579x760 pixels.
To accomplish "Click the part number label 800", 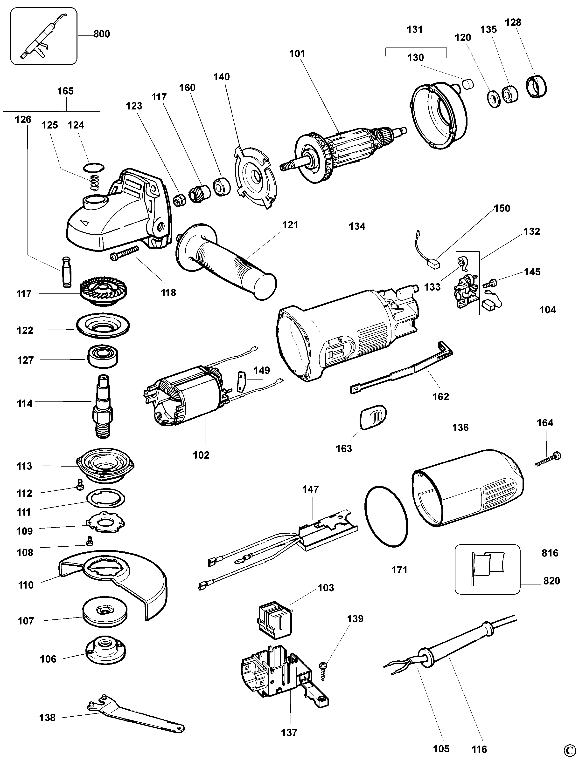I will coord(102,34).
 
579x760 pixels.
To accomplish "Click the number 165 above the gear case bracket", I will coord(65,91).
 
